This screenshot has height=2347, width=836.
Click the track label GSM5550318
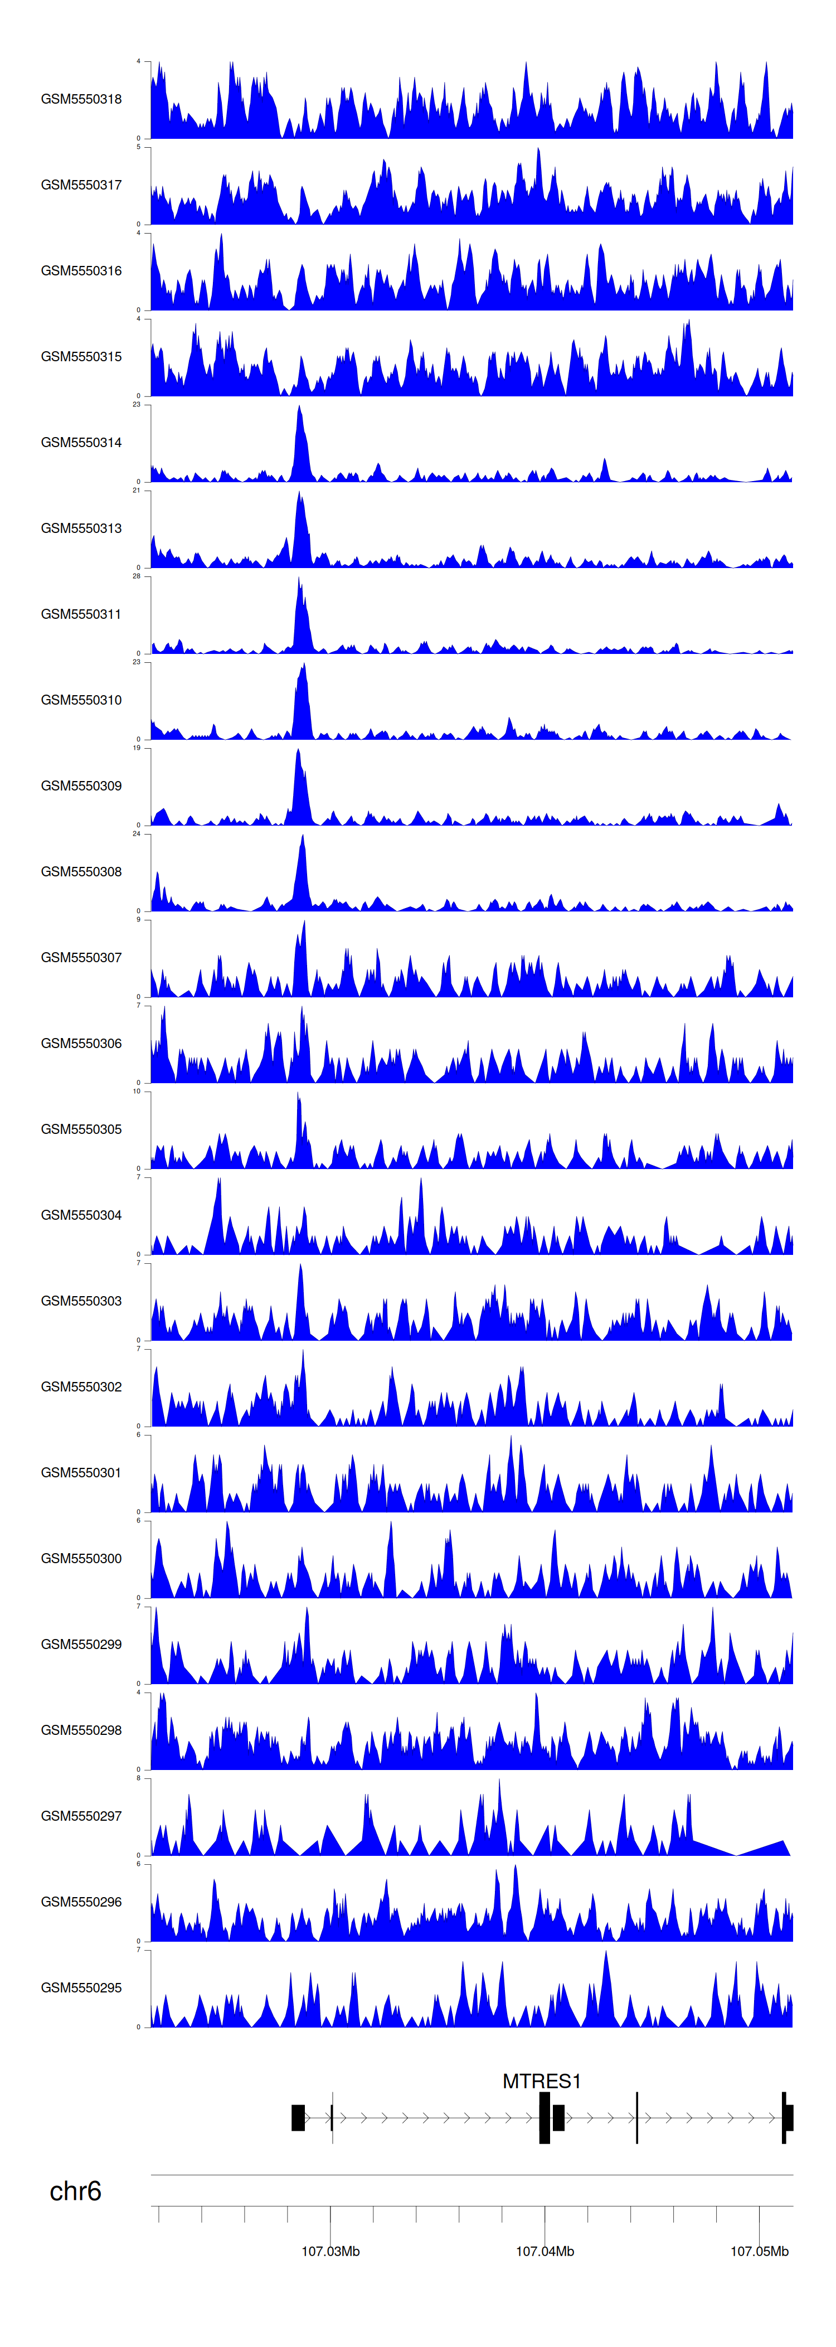tap(81, 99)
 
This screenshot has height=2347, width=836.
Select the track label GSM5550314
tap(81, 443)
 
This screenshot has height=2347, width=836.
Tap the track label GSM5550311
tap(81, 614)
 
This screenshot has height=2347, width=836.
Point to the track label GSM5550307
tap(81, 958)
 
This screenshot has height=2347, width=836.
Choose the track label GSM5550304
tap(81, 1215)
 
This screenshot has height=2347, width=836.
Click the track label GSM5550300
tap(81, 1559)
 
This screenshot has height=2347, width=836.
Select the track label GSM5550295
tap(81, 1988)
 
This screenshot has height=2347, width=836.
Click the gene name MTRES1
tap(541, 2082)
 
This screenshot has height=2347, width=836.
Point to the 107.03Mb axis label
tap(330, 2251)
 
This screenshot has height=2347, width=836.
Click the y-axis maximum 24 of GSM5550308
tap(137, 833)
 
